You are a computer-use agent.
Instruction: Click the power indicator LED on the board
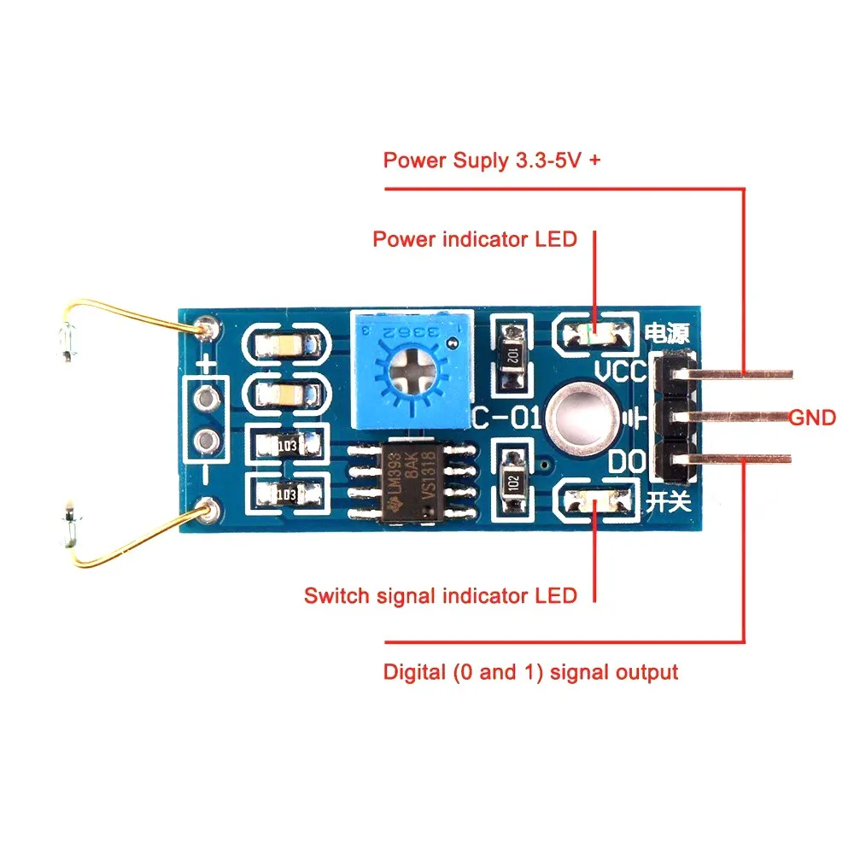595,332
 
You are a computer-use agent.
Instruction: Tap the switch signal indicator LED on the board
595,499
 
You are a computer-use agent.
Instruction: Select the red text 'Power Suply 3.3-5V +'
491,161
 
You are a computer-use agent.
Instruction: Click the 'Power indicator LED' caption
475,239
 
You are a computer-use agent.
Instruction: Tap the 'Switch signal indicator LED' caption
440,595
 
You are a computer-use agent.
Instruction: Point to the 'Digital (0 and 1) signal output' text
530,672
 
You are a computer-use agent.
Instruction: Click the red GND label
811,418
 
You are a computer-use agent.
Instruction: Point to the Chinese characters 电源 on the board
665,333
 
